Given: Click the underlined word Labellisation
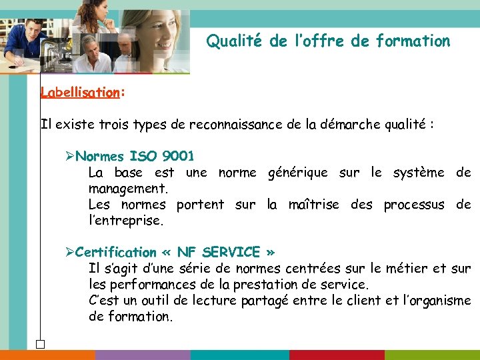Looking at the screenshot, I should coord(79,93).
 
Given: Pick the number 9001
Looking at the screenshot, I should coord(179,157).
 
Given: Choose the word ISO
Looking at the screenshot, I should coord(144,157).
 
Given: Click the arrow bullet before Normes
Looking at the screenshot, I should coord(70,157).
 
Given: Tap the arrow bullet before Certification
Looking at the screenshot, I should coord(70,253).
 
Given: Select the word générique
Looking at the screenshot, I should coord(297,173).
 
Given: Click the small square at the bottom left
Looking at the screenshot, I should coord(40,344).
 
